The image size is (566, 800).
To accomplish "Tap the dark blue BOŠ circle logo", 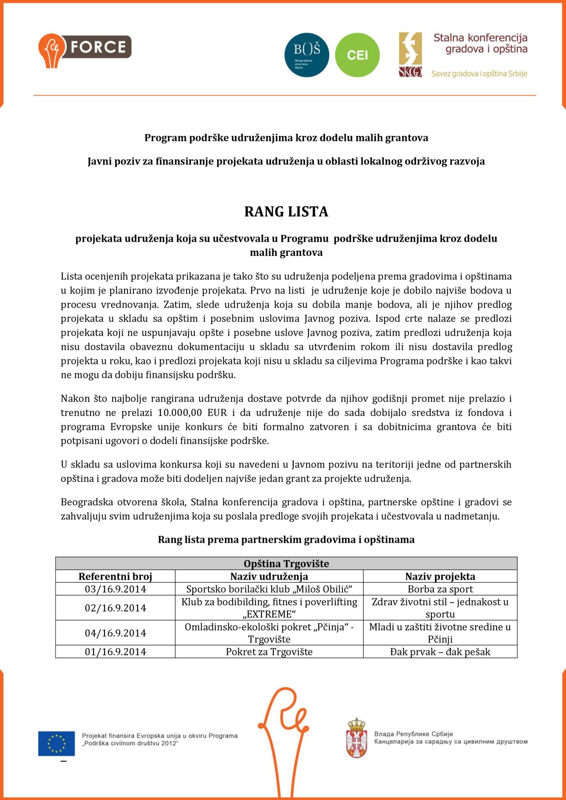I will (306, 55).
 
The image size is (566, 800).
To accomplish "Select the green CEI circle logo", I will (357, 55).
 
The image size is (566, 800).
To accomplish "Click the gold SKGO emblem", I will (410, 55).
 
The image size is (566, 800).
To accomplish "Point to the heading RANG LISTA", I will (286, 212).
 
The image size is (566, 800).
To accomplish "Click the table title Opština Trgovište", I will (286, 564).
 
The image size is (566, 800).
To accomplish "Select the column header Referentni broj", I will (115, 576).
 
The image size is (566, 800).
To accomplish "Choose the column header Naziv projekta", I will (440, 576).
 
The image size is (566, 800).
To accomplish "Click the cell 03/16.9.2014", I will (115, 589).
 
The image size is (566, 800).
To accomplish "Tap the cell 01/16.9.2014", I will (115, 652).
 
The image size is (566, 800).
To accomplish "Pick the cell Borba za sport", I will (440, 589).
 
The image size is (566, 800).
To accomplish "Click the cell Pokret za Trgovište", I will (269, 652).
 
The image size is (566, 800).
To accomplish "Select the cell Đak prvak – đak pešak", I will (440, 652).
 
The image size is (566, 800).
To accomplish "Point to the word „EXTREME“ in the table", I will (269, 614).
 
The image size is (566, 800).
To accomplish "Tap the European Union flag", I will (56, 743).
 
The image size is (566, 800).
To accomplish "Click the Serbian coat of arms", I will (356, 738).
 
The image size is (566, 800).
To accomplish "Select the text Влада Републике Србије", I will (413, 734).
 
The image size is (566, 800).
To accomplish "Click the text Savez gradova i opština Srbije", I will (479, 74).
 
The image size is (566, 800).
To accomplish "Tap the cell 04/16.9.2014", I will (115, 633).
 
